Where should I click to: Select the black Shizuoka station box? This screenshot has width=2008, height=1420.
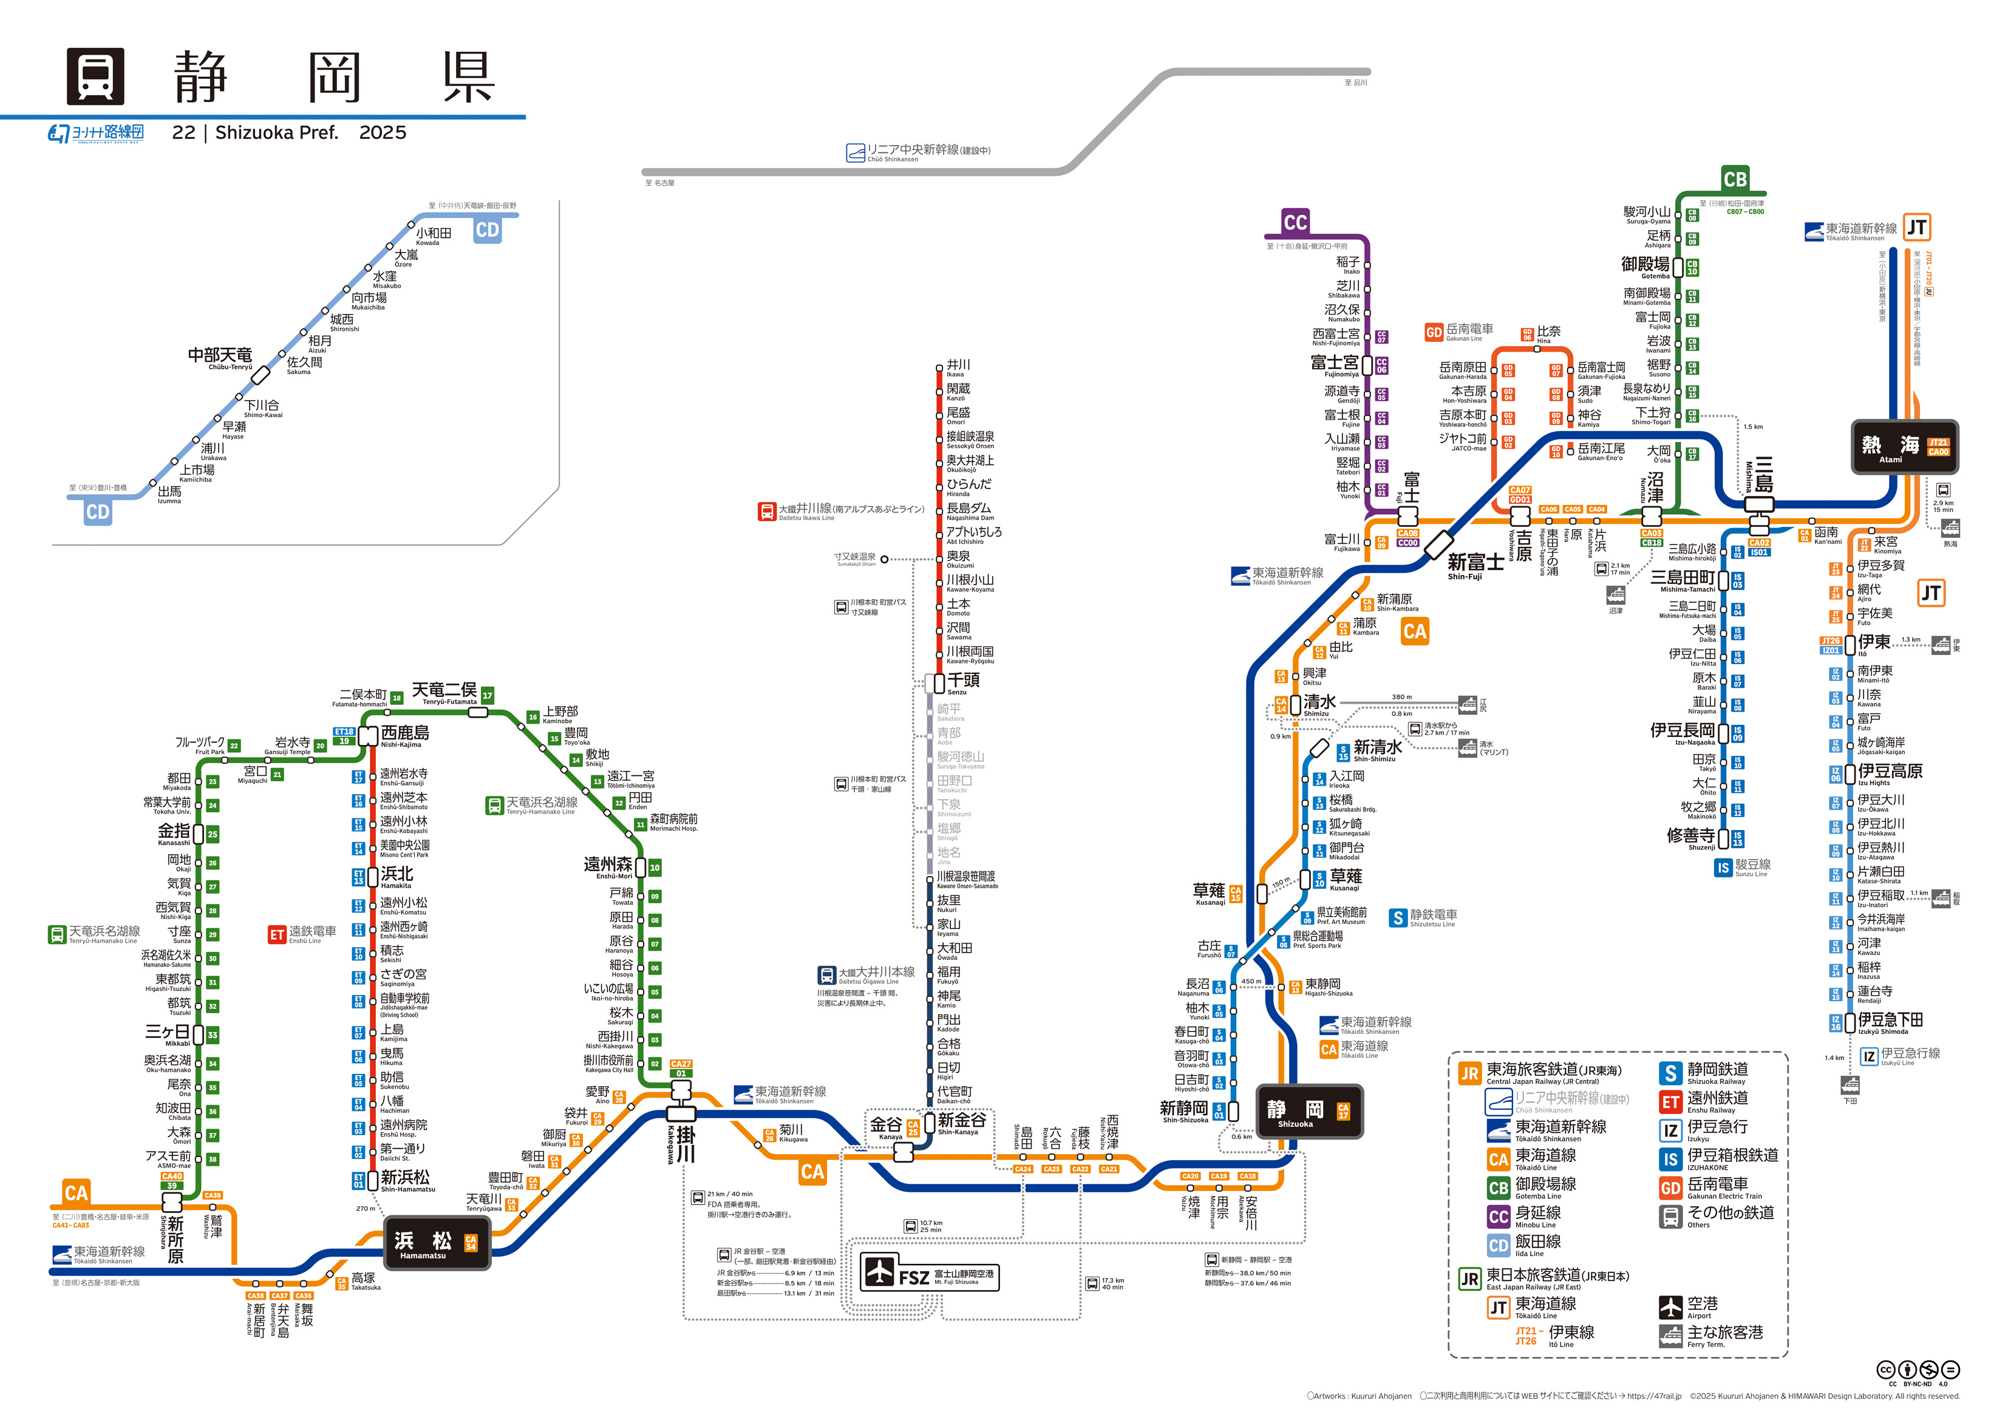(x=1309, y=1112)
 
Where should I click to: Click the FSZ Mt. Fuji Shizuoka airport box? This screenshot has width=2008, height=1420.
(x=929, y=1276)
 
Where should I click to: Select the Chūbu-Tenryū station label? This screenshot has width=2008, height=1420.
(x=220, y=357)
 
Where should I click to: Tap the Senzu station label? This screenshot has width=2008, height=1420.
(x=963, y=682)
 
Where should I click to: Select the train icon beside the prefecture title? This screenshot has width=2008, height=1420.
(x=95, y=76)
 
